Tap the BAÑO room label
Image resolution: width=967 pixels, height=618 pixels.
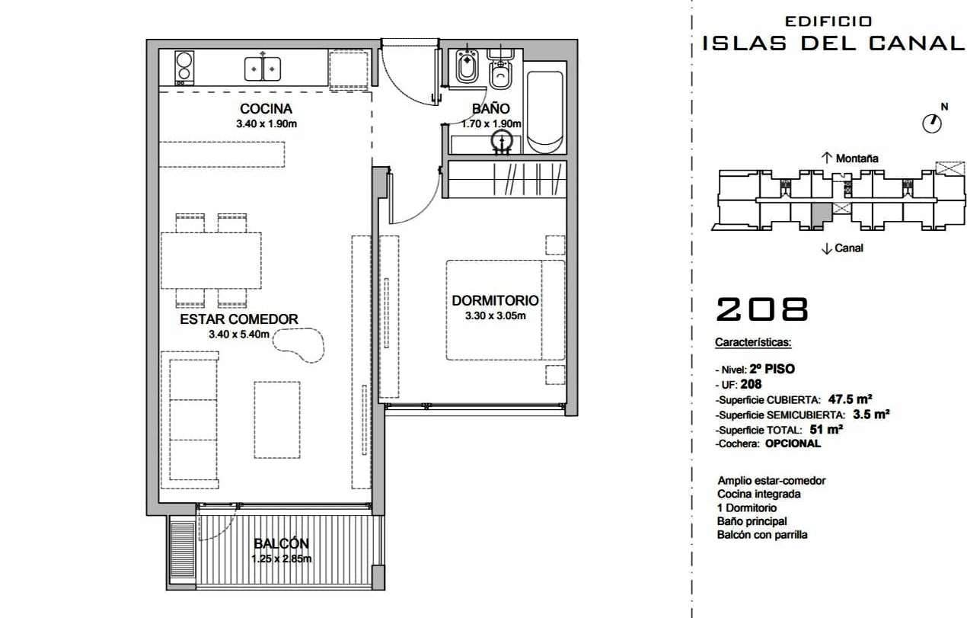[490, 108]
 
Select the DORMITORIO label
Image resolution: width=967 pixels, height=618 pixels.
[495, 300]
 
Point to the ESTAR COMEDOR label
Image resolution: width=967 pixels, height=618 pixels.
[239, 319]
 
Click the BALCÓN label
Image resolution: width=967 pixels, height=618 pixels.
[281, 543]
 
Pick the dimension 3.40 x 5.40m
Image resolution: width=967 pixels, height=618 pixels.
[239, 334]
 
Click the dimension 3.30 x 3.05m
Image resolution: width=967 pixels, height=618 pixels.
[495, 316]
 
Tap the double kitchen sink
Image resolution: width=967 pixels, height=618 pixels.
[263, 69]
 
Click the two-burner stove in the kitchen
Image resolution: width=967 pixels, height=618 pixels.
[184, 67]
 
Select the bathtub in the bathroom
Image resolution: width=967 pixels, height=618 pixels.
[545, 112]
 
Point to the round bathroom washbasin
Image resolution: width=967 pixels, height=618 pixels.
[502, 140]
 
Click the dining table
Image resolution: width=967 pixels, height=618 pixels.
[211, 261]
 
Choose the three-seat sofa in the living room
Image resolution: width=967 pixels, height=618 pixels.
[190, 420]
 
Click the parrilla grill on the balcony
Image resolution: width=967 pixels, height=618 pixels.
[182, 549]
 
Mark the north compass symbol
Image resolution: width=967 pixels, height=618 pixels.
[932, 123]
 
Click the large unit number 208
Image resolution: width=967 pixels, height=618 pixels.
[762, 309]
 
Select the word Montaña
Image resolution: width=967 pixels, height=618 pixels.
[857, 159]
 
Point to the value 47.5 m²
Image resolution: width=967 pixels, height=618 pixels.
[850, 399]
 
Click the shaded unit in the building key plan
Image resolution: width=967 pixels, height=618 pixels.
[822, 213]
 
